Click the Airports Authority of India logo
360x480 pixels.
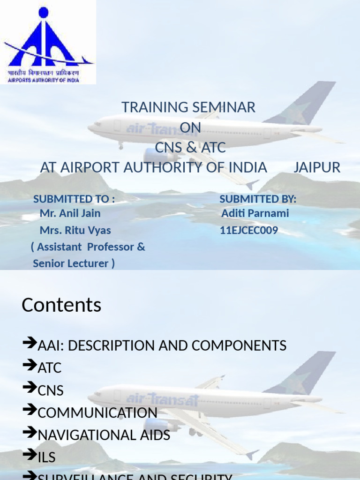(x=48, y=42)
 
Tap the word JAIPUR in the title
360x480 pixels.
(x=317, y=167)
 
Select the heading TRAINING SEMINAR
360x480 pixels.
(x=188, y=107)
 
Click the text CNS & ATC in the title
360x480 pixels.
(x=190, y=148)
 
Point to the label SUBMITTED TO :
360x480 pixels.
(x=74, y=199)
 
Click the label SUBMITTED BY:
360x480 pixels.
(x=258, y=199)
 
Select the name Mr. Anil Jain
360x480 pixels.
(x=70, y=213)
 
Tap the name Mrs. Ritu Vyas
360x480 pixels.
(x=75, y=230)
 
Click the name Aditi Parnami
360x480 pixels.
(x=255, y=213)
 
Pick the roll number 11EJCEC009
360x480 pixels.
(x=249, y=230)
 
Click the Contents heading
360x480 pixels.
(x=61, y=305)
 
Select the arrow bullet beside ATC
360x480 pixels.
(x=30, y=366)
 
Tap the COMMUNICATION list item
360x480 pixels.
(x=97, y=413)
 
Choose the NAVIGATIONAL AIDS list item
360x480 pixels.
(x=104, y=435)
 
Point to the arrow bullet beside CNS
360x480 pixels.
(x=30, y=389)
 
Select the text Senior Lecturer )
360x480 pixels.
(x=74, y=263)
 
